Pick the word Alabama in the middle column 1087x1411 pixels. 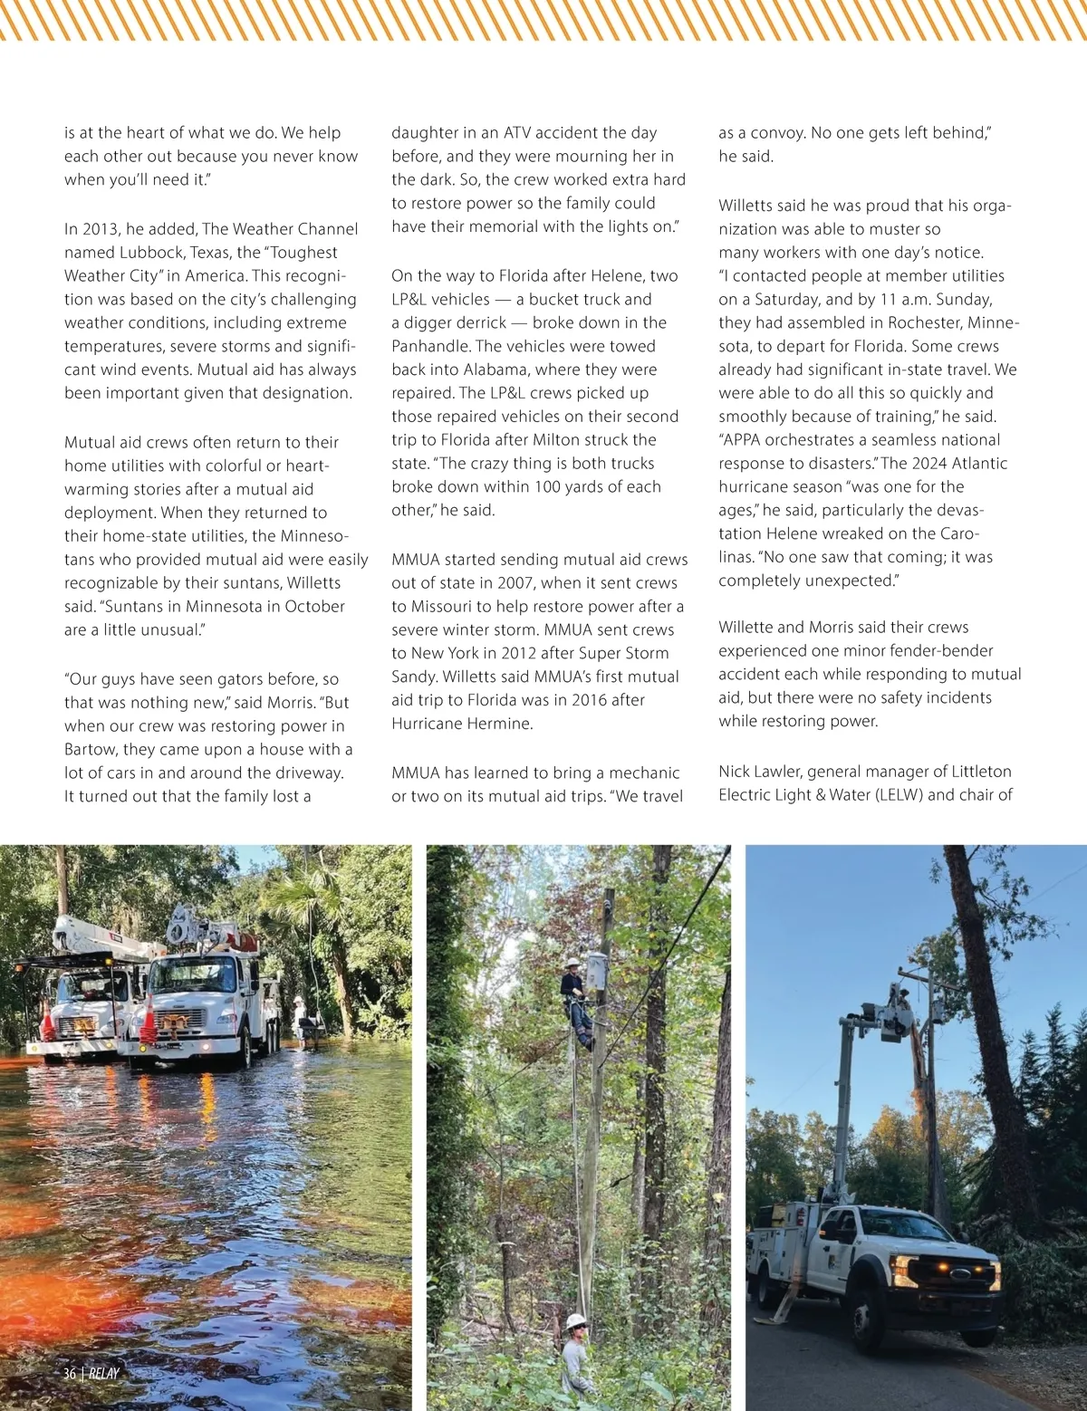pos(495,370)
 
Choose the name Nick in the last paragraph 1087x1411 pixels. pos(735,772)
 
